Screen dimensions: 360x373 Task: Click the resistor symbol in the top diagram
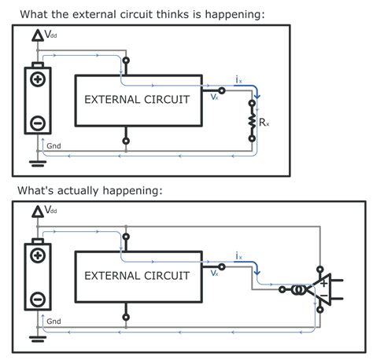[253, 121]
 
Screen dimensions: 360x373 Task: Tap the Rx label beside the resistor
[264, 123]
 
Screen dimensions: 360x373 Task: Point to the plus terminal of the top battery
[37, 80]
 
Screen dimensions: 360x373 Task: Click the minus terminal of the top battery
[37, 122]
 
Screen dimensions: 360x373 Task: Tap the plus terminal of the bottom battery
[37, 256]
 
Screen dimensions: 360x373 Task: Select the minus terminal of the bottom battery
[37, 299]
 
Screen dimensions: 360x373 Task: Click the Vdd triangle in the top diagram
[37, 36]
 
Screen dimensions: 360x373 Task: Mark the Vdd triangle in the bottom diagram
[37, 212]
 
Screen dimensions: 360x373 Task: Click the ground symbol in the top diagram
[37, 163]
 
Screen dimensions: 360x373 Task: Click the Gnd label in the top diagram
[54, 145]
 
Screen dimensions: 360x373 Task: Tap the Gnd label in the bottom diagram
[54, 321]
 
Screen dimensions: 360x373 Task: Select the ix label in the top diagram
[239, 79]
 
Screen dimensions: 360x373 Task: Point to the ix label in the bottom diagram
[239, 256]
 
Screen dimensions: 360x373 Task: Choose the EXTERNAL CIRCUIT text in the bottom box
[137, 276]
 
